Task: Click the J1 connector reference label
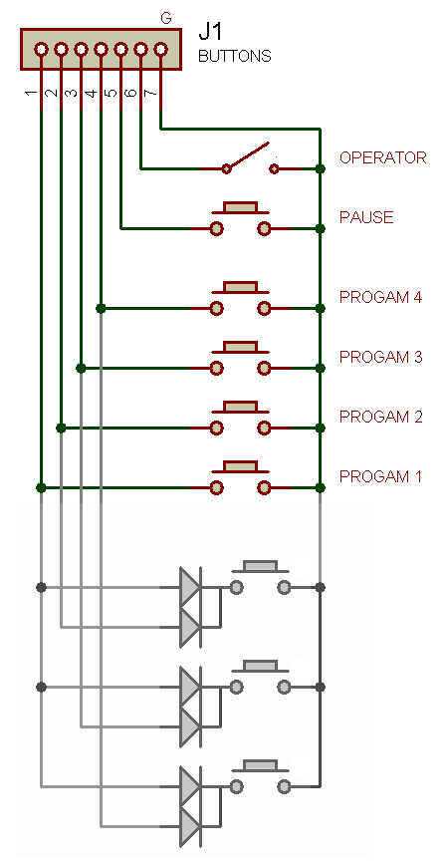(210, 33)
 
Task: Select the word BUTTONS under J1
(235, 57)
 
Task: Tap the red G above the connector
(165, 19)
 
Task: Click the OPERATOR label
(382, 157)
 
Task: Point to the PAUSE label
(366, 217)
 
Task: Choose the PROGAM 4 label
(381, 297)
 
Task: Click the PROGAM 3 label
(381, 358)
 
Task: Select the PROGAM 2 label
(381, 417)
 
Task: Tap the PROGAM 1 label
(380, 476)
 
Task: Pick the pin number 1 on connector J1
(31, 93)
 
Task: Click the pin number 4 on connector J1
(92, 93)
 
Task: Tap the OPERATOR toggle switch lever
(248, 155)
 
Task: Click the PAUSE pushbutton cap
(241, 207)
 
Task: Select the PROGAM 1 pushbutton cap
(241, 466)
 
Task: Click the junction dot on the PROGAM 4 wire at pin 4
(101, 308)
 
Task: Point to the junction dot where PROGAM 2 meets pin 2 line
(61, 428)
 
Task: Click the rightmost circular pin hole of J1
(161, 50)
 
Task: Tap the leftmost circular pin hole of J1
(41, 50)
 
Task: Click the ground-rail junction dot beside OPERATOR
(321, 168)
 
